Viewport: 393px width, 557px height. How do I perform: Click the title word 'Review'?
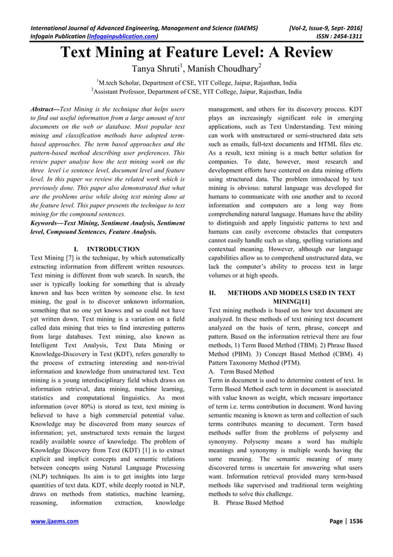[x=301, y=52]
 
